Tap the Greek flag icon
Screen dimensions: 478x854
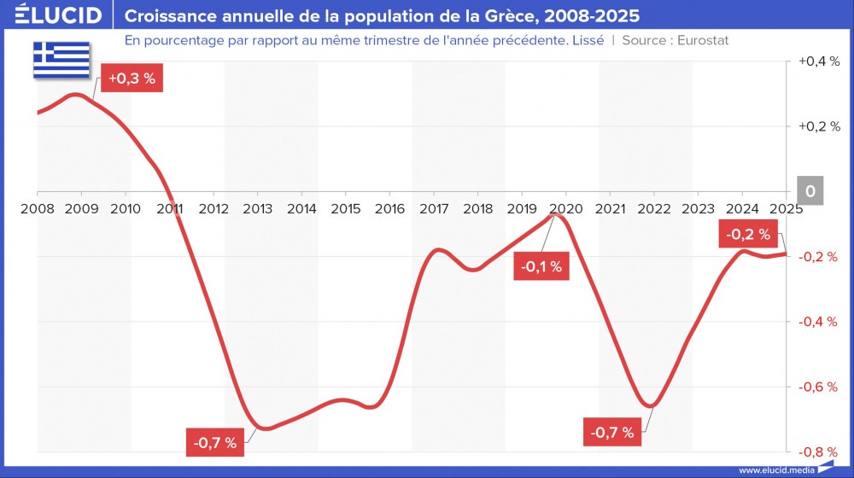click(x=61, y=58)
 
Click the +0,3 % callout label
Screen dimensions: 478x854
click(x=132, y=78)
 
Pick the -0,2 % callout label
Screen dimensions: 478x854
click(x=748, y=234)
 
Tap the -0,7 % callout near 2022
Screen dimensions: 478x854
click(x=612, y=432)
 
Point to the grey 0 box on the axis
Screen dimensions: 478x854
click(x=810, y=191)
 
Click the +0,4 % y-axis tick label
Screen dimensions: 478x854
click(x=819, y=61)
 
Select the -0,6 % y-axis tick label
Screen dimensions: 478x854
click(x=819, y=387)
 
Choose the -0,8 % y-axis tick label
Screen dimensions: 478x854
click(x=819, y=452)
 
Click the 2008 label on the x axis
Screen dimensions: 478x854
click(x=38, y=208)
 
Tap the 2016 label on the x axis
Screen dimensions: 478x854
click(x=389, y=208)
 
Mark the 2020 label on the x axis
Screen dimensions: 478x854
click(x=565, y=208)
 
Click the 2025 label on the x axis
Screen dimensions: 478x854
click(x=785, y=208)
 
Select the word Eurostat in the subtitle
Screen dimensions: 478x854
click(x=702, y=40)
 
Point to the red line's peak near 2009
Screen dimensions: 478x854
click(x=77, y=94)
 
